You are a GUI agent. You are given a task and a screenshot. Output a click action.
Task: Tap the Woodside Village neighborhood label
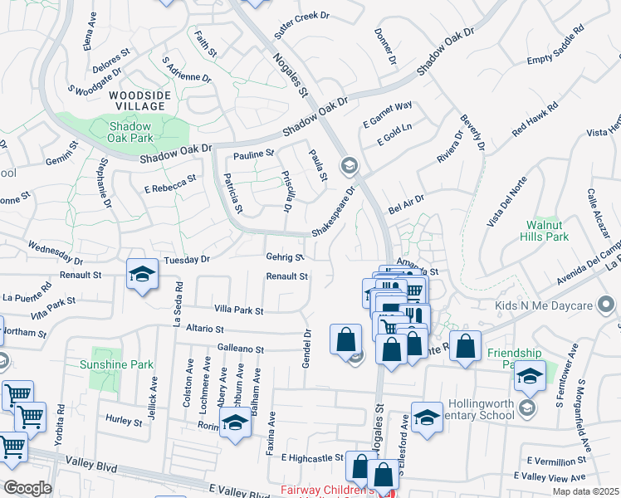(140, 101)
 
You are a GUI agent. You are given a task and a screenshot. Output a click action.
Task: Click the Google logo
(27, 487)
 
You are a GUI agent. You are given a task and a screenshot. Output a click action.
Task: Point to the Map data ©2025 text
(586, 491)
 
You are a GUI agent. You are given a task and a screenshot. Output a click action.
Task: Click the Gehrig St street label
(285, 257)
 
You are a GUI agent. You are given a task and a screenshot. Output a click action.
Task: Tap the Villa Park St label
(238, 310)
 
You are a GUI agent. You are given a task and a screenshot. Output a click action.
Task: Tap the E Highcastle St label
(312, 457)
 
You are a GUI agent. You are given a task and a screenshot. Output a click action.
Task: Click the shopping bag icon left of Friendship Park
(466, 347)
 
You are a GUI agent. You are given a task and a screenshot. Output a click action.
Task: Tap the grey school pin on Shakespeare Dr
(349, 166)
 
